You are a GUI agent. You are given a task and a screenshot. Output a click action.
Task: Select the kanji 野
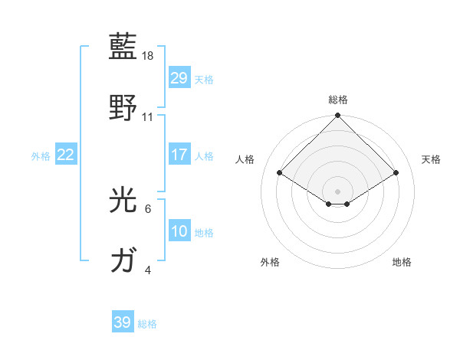[123, 106]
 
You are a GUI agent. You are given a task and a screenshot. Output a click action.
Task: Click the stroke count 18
[149, 56]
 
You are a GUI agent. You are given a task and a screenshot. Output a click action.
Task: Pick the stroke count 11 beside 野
[148, 117]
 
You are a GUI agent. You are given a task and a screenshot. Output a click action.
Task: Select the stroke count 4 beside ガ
[148, 270]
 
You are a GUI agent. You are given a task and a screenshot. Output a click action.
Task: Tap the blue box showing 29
[179, 78]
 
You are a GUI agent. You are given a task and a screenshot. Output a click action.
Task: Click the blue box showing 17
[179, 155]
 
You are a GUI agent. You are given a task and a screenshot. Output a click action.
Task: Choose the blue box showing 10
[179, 231]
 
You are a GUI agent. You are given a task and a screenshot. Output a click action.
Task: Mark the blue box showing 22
[66, 155]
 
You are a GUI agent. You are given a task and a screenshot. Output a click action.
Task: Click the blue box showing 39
[123, 322]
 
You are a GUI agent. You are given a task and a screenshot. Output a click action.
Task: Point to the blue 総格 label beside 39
[147, 324]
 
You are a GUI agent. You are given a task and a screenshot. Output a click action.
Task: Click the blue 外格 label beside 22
[41, 156]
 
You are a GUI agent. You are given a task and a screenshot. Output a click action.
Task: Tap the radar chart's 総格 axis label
[338, 100]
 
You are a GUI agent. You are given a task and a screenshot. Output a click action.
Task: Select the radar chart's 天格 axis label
[431, 159]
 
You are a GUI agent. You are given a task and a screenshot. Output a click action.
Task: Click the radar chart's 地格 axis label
[402, 262]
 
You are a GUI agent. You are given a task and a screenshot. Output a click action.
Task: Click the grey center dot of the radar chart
[338, 191]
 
